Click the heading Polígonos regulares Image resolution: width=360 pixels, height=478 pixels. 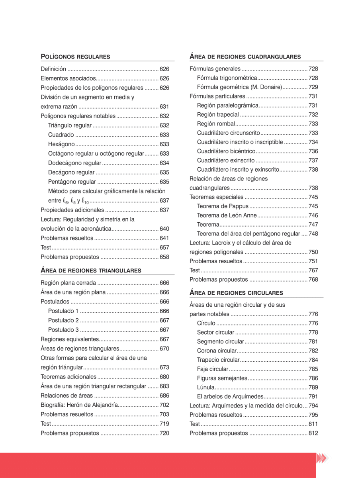75,57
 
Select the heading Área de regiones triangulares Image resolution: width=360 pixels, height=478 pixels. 91,270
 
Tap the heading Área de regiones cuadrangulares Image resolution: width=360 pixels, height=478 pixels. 245,57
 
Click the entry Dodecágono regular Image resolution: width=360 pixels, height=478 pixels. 74,163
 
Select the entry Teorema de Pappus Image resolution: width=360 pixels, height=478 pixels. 223,206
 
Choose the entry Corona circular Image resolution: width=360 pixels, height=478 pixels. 216,351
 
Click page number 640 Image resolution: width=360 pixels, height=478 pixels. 164,229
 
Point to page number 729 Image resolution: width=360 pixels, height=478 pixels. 313,87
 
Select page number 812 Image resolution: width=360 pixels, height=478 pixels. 313,433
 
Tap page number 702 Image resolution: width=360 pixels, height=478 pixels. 164,405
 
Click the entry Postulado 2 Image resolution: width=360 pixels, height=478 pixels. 63,320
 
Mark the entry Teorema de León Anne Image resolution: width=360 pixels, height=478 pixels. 227,215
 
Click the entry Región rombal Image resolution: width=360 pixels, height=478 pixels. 216,123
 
